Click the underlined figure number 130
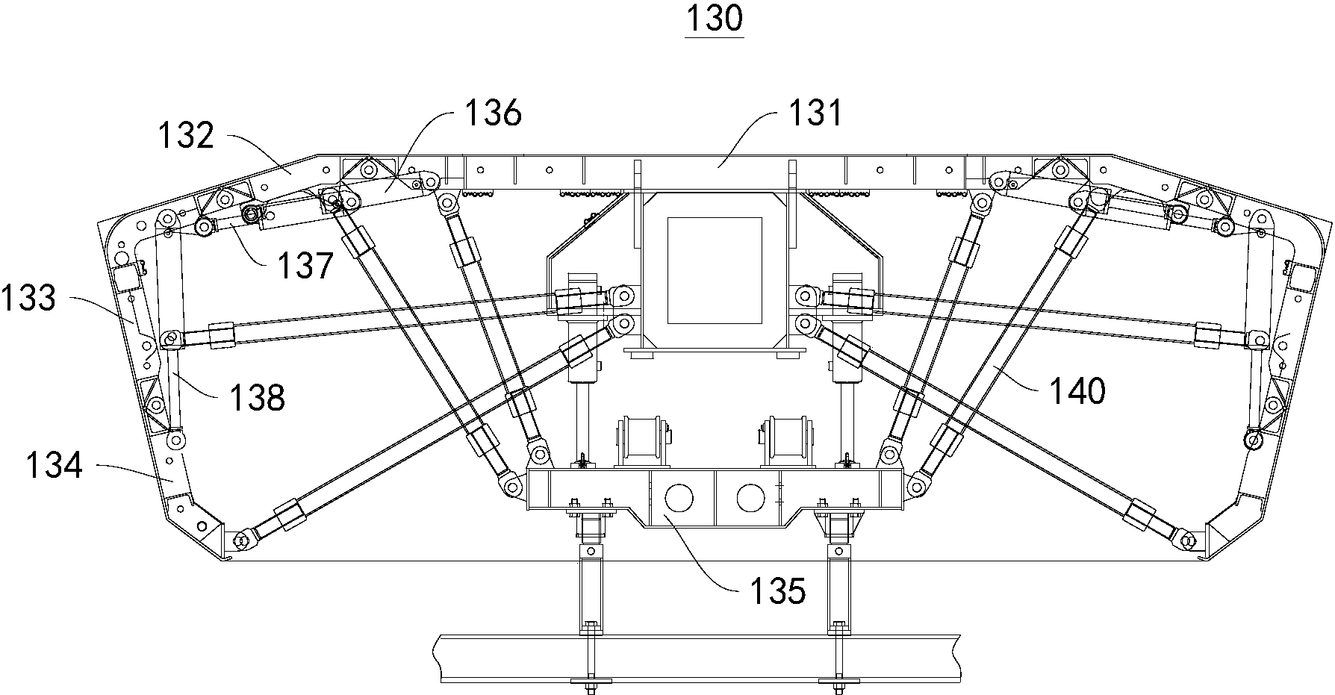(x=715, y=19)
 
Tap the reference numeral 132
(x=187, y=137)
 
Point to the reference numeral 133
(x=28, y=299)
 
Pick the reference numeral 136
(x=493, y=114)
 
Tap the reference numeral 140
(x=1077, y=390)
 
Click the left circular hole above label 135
(x=678, y=497)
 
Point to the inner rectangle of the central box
(x=715, y=270)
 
